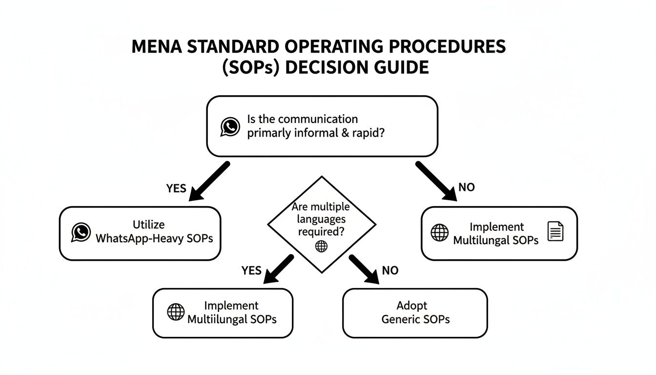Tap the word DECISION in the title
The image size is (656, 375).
[x=325, y=67]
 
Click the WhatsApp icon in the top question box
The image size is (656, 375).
[x=230, y=126]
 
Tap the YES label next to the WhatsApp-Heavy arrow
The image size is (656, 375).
[x=176, y=188]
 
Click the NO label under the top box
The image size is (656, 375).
[x=466, y=187]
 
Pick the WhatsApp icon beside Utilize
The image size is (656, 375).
[x=81, y=232]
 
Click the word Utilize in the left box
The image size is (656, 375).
[x=148, y=225]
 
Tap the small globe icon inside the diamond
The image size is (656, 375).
[x=321, y=246]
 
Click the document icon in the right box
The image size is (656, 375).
[x=555, y=231]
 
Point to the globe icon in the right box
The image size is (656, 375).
[x=439, y=232]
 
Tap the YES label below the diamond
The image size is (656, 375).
[x=251, y=271]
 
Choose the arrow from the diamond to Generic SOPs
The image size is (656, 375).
[x=364, y=269]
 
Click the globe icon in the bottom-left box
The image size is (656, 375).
[x=176, y=312]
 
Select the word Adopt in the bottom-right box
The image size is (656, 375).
[x=411, y=306]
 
